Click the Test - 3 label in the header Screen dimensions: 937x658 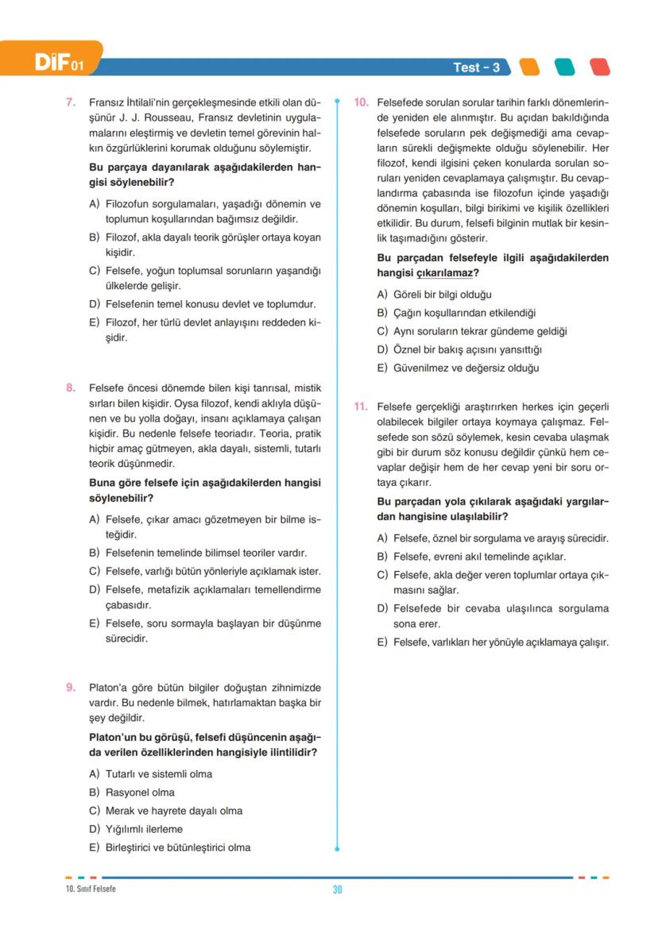click(476, 67)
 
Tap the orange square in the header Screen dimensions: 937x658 click(528, 67)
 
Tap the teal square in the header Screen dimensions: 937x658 click(564, 67)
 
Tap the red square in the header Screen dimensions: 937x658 click(600, 67)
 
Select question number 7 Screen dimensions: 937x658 click(70, 102)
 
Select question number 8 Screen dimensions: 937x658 click(70, 388)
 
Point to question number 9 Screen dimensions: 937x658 click(70, 688)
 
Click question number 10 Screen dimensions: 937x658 click(360, 102)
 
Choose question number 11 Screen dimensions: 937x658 click(360, 407)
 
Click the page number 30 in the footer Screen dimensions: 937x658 click(337, 889)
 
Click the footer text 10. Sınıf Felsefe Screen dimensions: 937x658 click(91, 889)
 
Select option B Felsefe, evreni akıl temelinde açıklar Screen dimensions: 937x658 click(478, 557)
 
